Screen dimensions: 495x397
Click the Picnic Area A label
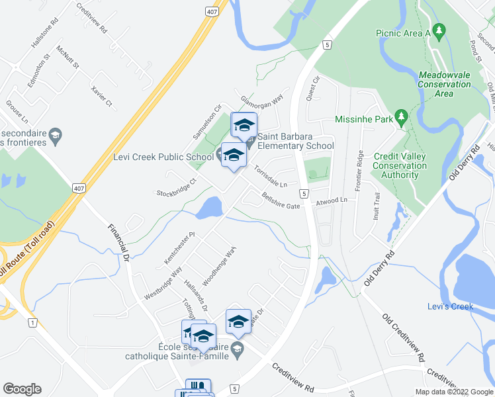[403, 32]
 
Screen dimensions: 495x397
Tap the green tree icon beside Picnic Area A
[439, 31]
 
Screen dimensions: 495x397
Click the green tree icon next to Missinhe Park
[400, 118]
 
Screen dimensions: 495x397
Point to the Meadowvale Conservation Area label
[445, 84]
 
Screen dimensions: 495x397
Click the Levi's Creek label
[455, 306]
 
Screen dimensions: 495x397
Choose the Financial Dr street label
[117, 242]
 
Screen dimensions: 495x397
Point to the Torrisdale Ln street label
[270, 175]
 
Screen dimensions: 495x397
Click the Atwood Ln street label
[331, 200]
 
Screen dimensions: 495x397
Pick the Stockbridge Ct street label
[177, 188]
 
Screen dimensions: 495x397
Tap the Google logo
[22, 389]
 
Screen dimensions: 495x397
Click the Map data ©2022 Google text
[453, 392]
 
